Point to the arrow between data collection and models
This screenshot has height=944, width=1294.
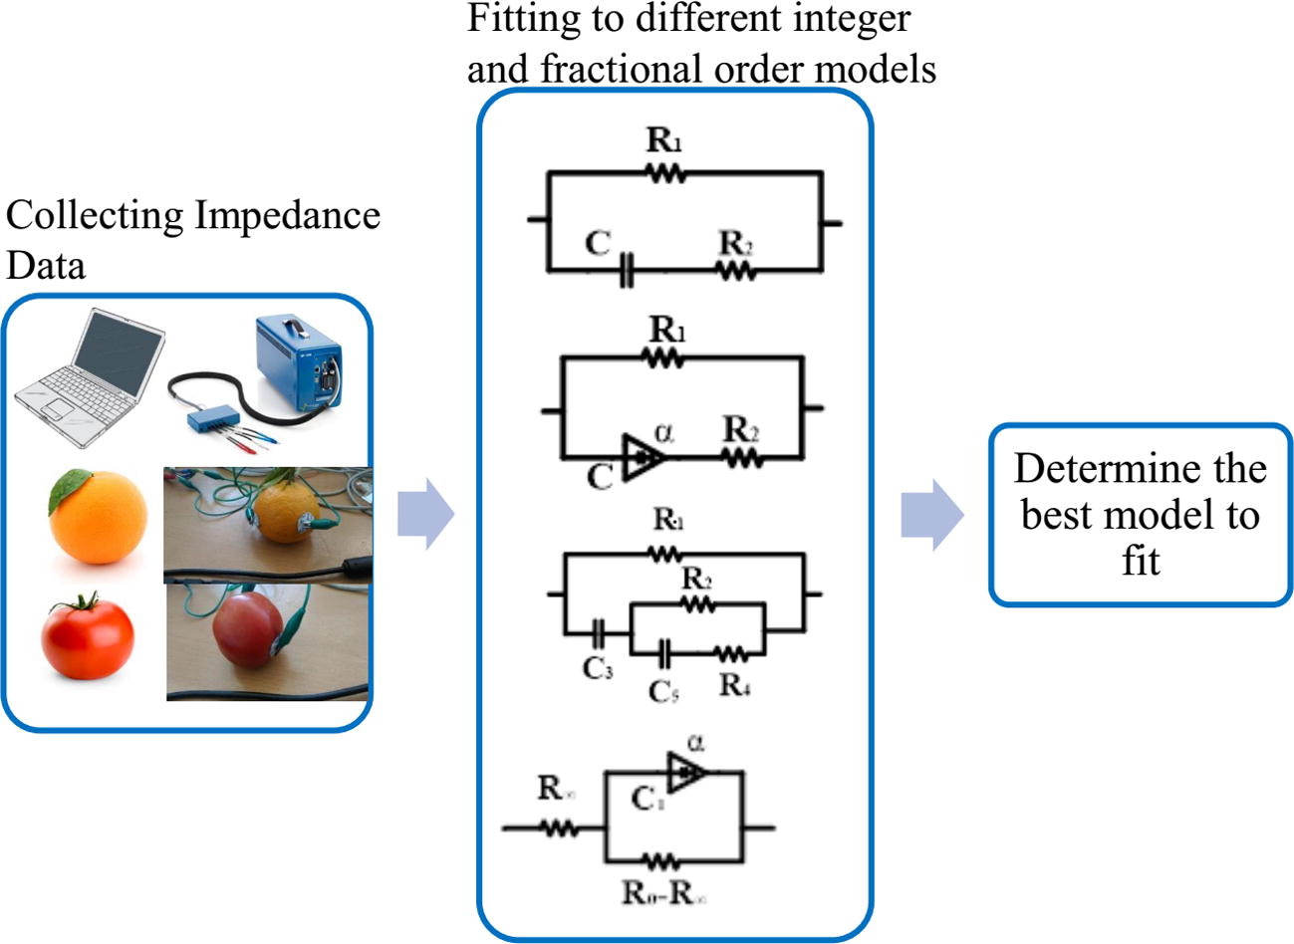click(x=425, y=514)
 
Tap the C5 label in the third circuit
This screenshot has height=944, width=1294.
click(x=663, y=690)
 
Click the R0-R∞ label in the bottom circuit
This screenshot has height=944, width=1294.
click(x=664, y=892)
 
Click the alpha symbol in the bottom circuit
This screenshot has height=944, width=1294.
click(x=695, y=743)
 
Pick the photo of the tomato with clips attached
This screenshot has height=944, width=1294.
click(x=266, y=641)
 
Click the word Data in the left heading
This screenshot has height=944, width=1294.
click(x=46, y=265)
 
